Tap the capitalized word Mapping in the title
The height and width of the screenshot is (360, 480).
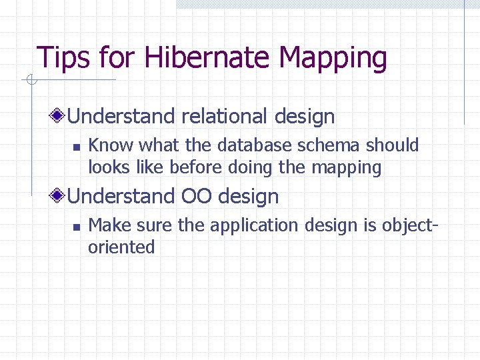tap(333, 58)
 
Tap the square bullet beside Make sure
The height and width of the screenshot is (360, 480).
tap(76, 227)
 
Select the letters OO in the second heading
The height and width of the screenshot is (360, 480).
tap(197, 197)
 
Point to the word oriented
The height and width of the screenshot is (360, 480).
tap(121, 247)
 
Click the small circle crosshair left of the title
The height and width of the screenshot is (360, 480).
tap(30, 81)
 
